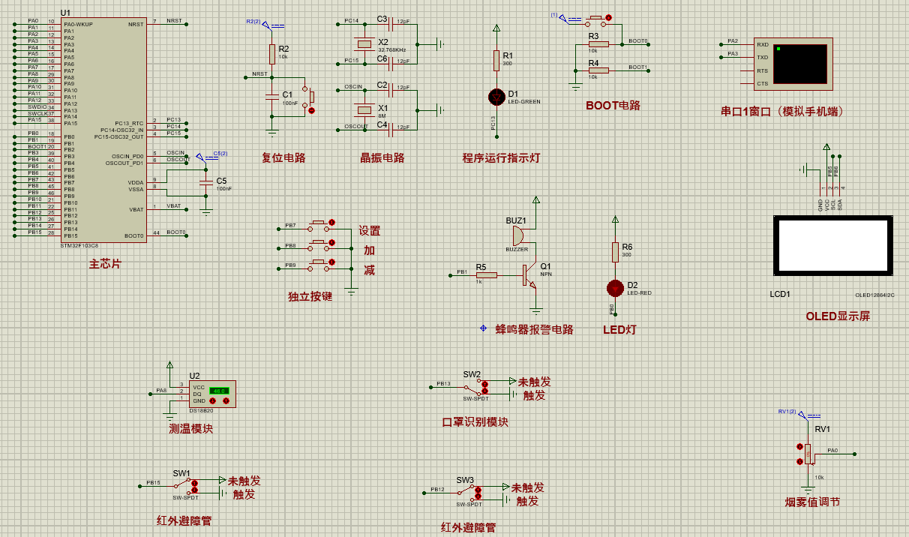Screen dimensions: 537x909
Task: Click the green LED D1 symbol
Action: [496, 97]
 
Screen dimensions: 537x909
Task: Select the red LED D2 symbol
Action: [615, 288]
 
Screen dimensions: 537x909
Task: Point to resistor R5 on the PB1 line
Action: [486, 275]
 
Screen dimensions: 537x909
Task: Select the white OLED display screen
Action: [832, 245]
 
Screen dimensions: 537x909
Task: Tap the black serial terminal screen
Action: [799, 64]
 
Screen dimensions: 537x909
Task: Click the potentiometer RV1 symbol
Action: [808, 454]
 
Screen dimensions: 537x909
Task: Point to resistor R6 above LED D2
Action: [615, 253]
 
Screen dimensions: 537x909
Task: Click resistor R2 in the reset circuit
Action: [272, 54]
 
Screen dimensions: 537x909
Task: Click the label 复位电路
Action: [283, 157]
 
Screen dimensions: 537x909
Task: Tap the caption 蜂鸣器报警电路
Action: [534, 329]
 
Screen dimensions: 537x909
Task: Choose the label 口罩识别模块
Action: [475, 421]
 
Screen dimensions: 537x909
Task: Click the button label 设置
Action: [369, 231]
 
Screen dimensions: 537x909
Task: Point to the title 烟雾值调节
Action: [812, 502]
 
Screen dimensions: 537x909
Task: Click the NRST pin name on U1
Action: [136, 24]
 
